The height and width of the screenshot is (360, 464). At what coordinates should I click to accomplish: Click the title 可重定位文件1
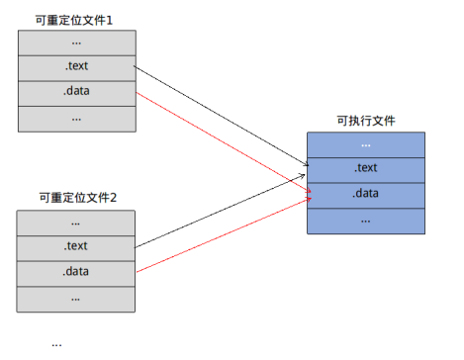[x=76, y=19]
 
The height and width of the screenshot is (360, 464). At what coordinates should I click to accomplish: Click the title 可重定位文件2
[x=77, y=198]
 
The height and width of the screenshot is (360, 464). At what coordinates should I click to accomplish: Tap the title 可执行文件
[x=365, y=120]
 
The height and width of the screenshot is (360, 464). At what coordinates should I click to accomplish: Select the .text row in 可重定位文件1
[x=76, y=68]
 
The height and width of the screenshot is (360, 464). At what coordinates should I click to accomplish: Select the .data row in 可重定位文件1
[x=76, y=93]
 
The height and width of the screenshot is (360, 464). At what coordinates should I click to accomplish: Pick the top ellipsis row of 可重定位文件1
[x=76, y=44]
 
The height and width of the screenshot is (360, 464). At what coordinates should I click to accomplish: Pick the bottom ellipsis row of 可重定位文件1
[x=76, y=118]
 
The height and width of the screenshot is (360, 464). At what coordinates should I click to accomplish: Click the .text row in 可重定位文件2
[x=76, y=246]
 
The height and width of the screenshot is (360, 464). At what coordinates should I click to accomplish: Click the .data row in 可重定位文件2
[x=76, y=271]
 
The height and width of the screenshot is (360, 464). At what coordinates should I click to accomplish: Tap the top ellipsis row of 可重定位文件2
[x=76, y=222]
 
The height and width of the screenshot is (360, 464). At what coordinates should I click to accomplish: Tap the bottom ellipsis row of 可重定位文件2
[x=76, y=296]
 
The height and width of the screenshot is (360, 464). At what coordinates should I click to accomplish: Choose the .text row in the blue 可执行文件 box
[x=365, y=168]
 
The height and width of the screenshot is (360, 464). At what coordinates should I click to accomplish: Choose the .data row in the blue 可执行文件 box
[x=365, y=194]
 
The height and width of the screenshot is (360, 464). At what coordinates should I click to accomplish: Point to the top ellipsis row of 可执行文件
[x=365, y=144]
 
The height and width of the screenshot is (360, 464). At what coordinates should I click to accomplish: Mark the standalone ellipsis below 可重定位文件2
[x=56, y=343]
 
